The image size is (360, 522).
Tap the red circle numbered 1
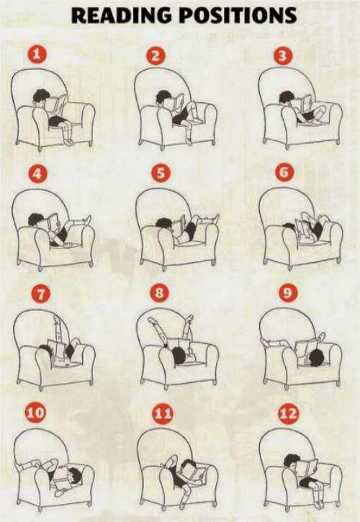(37, 54)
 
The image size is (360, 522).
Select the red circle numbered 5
(161, 174)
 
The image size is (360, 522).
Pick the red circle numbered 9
(288, 293)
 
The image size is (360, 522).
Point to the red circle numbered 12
(289, 413)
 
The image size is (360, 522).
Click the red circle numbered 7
(40, 294)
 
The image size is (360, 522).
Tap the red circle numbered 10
(35, 413)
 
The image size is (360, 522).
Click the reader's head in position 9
(316, 359)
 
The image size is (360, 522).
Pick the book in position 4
(50, 222)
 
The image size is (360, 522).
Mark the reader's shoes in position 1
(69, 142)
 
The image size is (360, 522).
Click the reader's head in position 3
(286, 97)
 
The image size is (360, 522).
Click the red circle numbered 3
(283, 56)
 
